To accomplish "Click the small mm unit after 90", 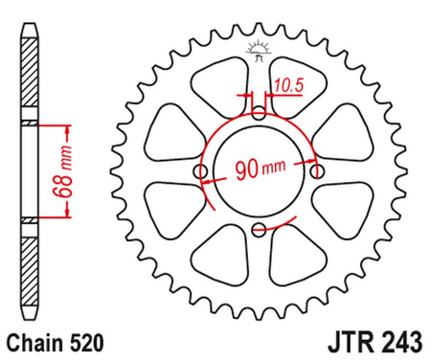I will tap(275, 175).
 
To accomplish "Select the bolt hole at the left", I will tap(201, 172).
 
